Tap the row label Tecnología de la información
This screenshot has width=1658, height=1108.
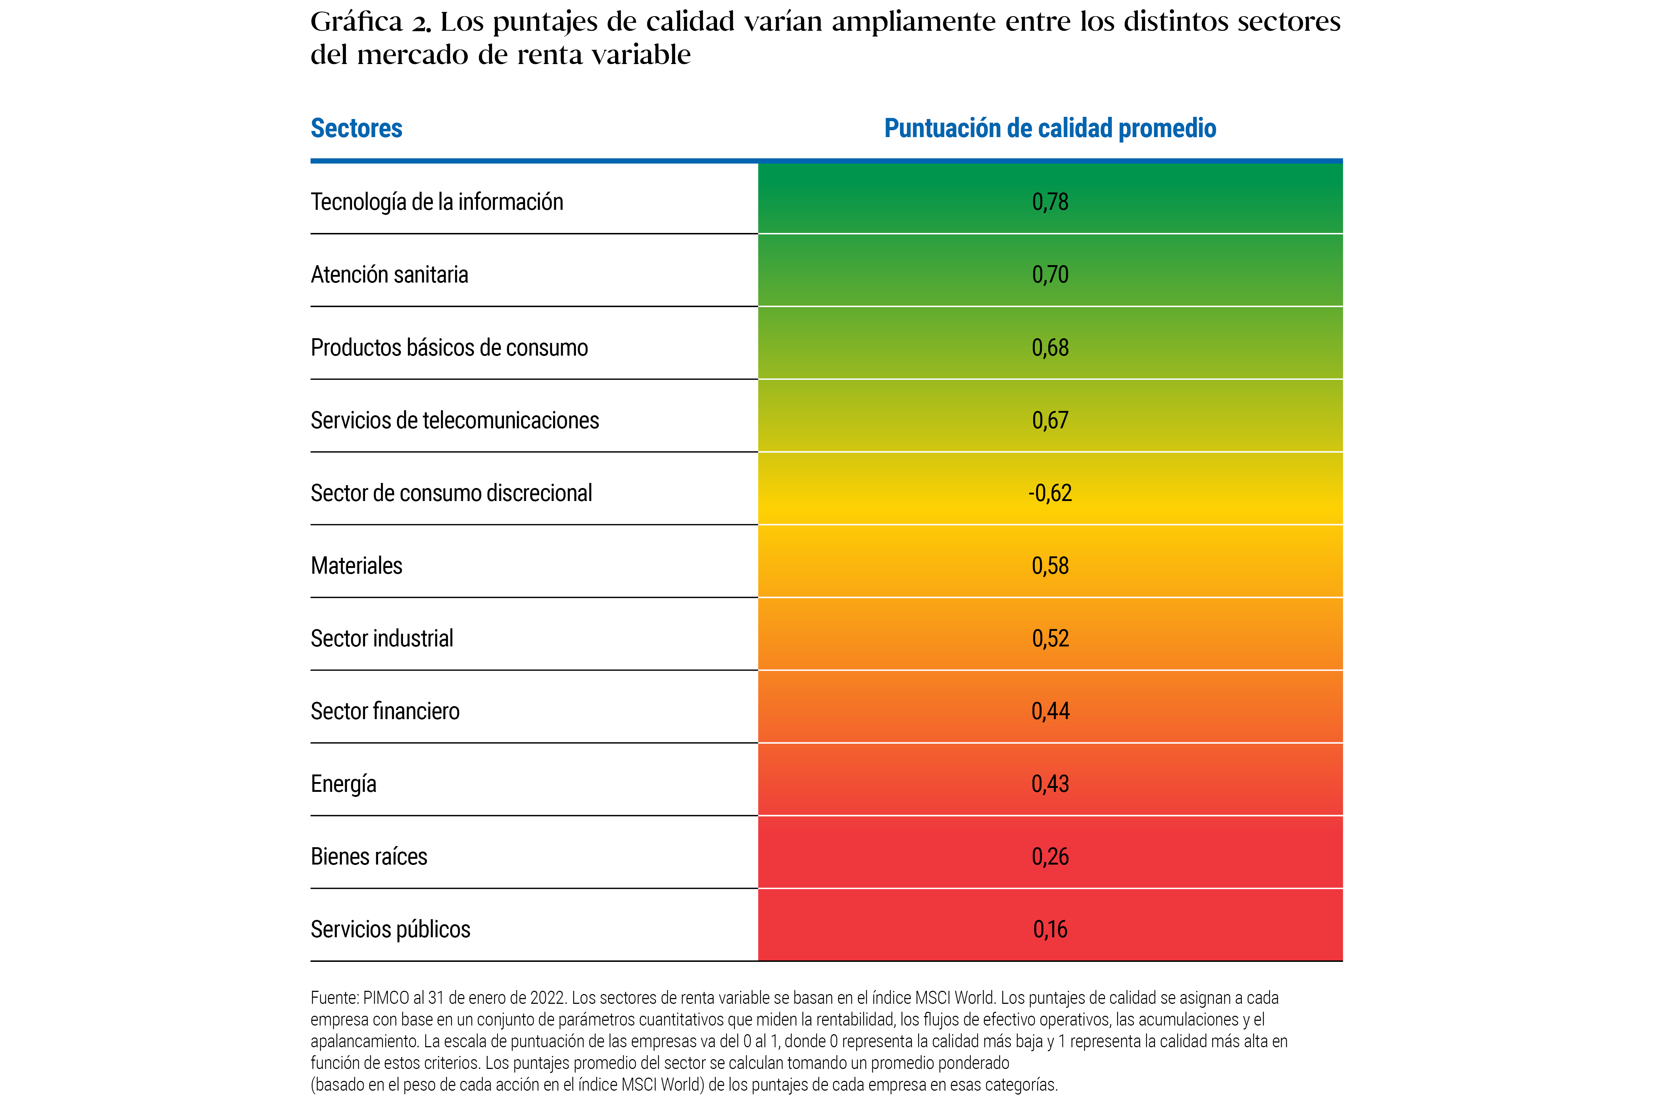coord(437,202)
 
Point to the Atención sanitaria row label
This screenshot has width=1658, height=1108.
coord(389,275)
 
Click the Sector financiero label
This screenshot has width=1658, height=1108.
coord(385,712)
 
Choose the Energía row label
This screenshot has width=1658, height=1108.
coord(343,784)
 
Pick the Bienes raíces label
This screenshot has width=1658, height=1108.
coord(369,857)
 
